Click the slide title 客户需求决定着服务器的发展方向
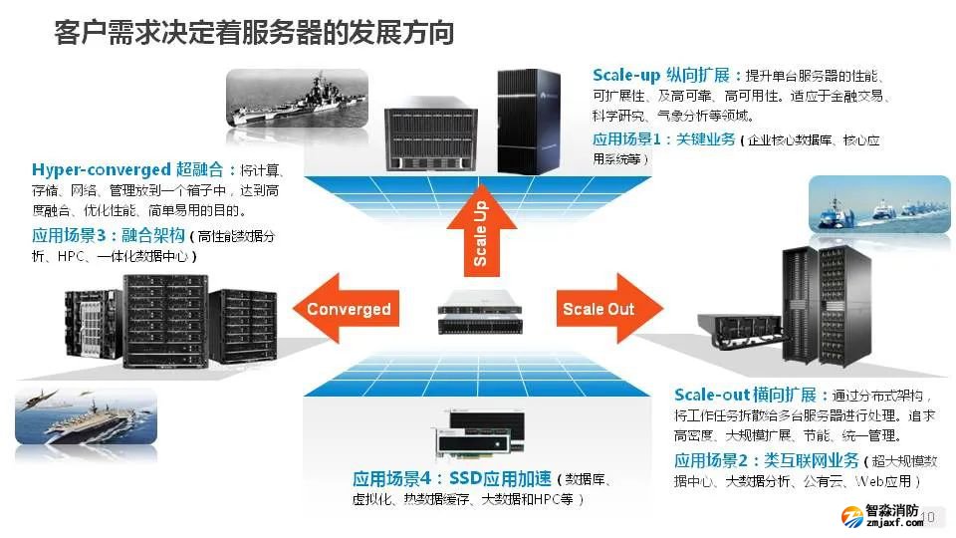tap(254, 33)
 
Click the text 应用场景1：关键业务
tap(664, 139)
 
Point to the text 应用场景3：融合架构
tap(109, 235)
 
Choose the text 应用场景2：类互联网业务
tap(766, 460)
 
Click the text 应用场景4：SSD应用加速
tap(452, 479)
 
